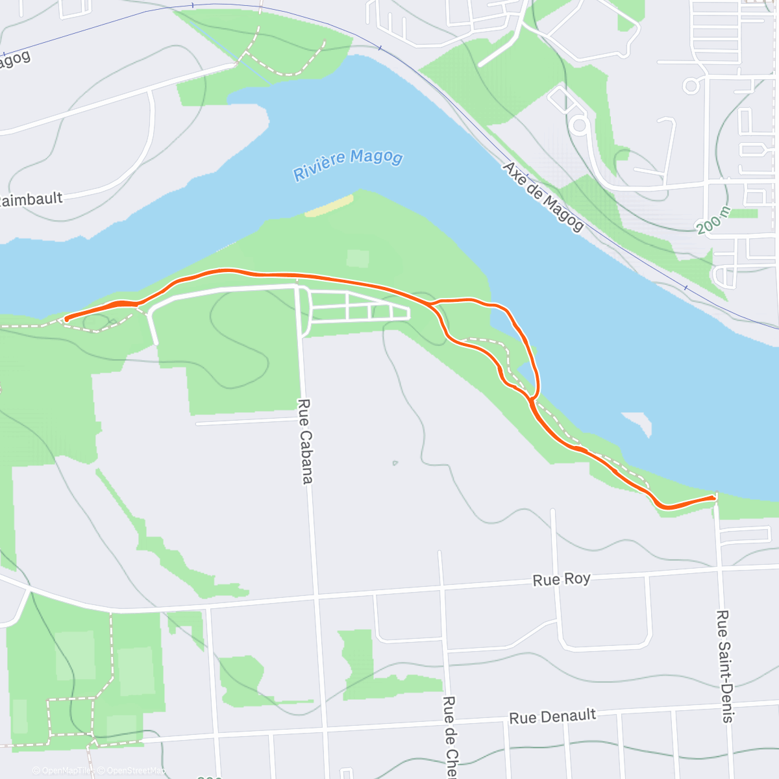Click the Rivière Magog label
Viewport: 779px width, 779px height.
point(348,165)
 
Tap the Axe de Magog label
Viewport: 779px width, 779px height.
point(543,196)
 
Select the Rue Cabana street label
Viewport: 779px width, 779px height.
point(305,441)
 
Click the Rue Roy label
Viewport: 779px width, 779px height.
point(562,579)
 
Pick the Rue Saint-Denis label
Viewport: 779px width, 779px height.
point(723,666)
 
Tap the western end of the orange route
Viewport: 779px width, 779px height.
point(66,318)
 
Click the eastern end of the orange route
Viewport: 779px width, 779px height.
point(714,497)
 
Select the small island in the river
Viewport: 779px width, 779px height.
point(638,423)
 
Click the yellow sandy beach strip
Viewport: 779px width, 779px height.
point(329,206)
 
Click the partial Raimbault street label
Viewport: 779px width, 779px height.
point(31,199)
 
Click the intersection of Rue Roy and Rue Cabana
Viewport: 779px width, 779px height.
point(316,593)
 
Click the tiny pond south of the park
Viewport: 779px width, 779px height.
point(395,463)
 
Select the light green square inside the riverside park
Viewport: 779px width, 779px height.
point(358,258)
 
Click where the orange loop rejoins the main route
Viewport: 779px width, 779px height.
point(532,399)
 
